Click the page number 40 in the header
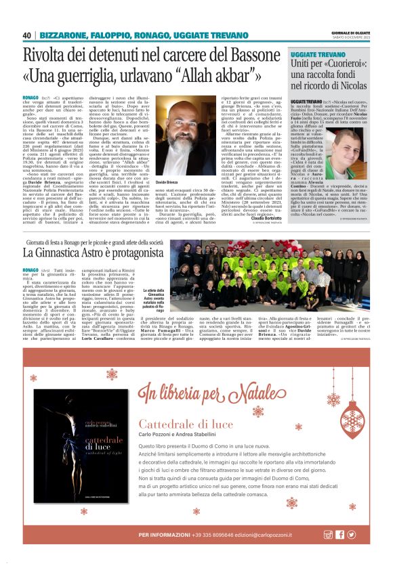27,35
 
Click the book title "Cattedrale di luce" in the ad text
178,424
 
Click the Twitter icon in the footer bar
350,535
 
